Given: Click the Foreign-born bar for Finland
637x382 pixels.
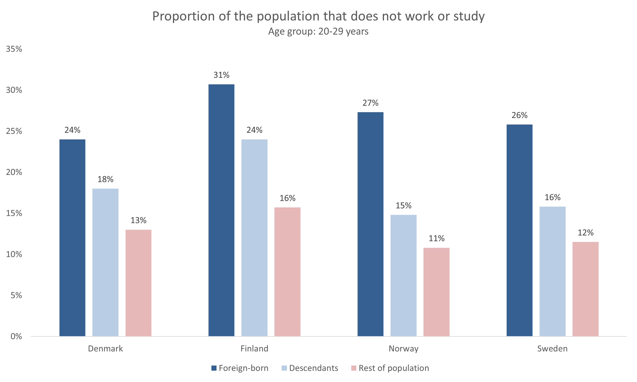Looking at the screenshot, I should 221,210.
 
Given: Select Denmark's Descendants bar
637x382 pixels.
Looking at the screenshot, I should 105,262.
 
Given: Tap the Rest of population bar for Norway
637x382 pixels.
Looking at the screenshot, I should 436,292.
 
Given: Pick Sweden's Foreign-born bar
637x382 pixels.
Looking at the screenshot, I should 519,230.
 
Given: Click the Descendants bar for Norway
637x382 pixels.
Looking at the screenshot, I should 403,275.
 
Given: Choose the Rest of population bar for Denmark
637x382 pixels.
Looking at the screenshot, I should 138,283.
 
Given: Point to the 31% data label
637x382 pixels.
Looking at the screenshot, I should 221,75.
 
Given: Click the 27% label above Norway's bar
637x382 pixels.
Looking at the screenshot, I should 370,103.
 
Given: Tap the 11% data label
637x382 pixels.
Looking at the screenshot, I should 436,238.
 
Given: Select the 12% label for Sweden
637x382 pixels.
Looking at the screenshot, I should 585,233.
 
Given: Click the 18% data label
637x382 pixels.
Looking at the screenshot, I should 105,179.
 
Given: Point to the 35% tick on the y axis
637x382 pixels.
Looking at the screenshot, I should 14,49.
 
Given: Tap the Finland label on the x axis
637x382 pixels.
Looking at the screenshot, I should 254,348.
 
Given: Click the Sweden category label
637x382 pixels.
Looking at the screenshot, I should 552,348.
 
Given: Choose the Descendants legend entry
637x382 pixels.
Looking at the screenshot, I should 313,368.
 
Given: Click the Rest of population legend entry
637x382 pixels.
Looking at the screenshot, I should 394,368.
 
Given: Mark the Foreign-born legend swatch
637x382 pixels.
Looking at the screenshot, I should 214,368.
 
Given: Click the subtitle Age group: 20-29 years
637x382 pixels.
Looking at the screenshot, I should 318,31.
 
